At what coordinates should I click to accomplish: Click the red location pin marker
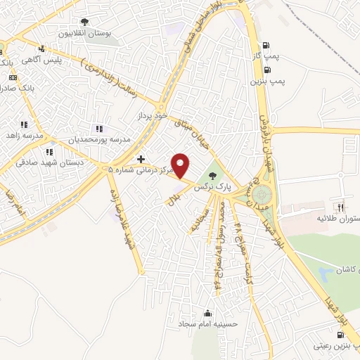[181, 165]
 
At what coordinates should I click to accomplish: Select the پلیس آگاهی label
[61, 60]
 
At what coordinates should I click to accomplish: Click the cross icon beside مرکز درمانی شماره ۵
[141, 159]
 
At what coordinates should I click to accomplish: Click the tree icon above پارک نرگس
[213, 176]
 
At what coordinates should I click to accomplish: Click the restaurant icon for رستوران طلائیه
[341, 207]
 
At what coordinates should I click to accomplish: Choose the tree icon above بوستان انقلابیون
[86, 22]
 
